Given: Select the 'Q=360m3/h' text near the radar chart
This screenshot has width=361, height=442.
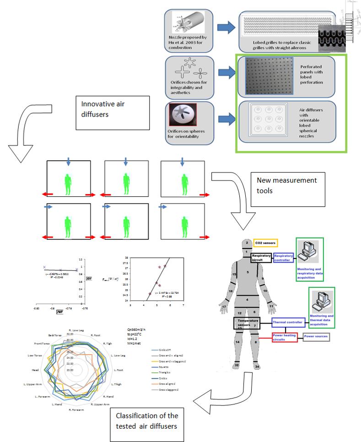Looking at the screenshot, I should [x=135, y=329].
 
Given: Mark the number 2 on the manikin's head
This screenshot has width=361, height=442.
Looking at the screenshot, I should [x=246, y=243].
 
